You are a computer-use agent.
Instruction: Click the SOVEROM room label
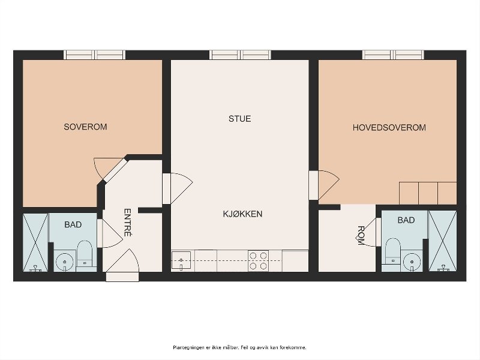coord(85,127)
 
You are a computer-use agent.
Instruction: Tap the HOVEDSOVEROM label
coord(389,127)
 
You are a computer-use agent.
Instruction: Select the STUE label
coord(239,119)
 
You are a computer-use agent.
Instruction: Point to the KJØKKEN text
coord(243,214)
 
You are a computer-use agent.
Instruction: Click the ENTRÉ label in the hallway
coord(128,223)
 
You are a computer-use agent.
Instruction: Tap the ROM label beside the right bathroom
coord(361,235)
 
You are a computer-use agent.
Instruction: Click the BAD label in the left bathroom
coord(73,224)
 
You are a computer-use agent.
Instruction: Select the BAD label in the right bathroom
coord(406,220)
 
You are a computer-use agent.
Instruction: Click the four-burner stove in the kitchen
coord(258,260)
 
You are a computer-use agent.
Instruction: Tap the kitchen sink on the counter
coord(181,260)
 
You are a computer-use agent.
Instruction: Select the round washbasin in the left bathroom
coord(65,262)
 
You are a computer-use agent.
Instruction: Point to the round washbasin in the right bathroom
coord(412,262)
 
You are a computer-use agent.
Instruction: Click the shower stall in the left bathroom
coord(35,242)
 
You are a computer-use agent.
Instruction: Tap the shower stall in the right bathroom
coord(443,241)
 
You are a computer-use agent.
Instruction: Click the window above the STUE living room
coord(240,55)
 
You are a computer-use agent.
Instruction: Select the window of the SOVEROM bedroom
coord(94,55)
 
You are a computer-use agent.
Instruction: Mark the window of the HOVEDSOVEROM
coord(393,55)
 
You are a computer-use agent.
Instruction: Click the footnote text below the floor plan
coord(239,347)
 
